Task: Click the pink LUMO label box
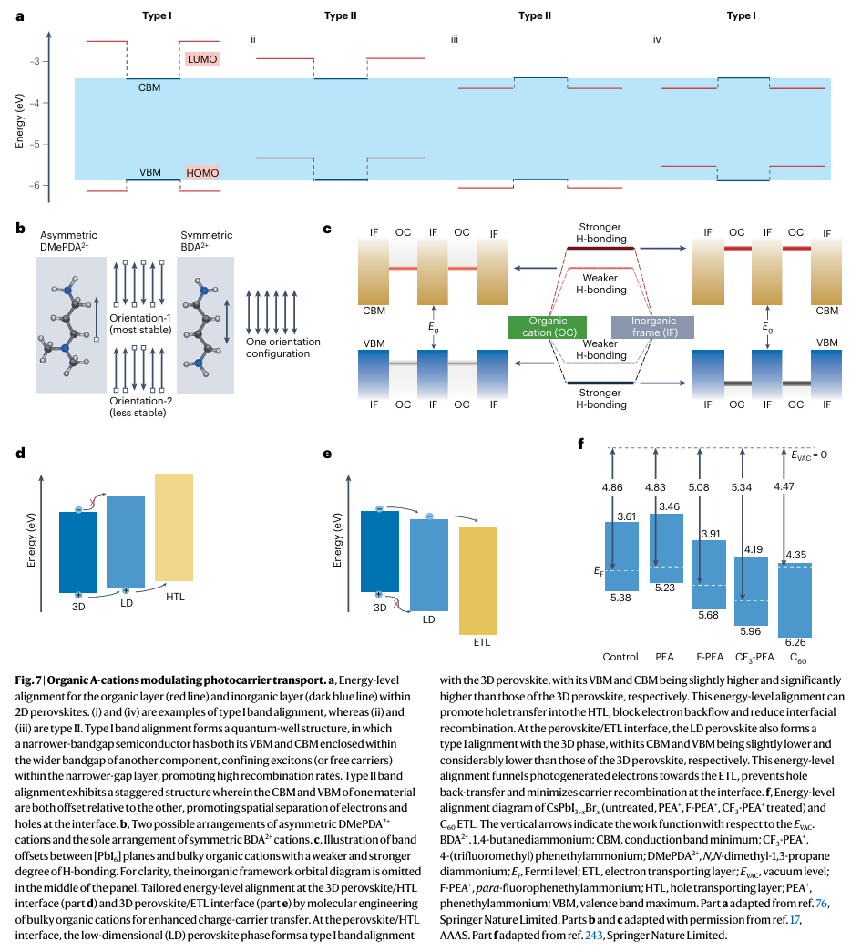tap(201, 59)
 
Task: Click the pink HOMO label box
tap(201, 172)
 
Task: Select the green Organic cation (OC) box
tap(547, 327)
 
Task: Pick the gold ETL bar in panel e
tap(477, 580)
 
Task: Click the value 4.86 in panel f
tap(612, 488)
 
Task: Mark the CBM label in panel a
tap(151, 87)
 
